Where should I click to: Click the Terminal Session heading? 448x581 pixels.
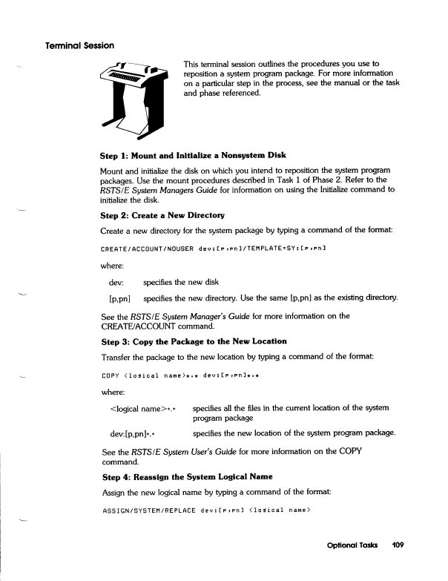click(x=79, y=45)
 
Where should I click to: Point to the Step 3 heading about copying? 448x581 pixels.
click(x=194, y=341)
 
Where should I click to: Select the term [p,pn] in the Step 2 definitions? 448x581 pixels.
click(x=120, y=299)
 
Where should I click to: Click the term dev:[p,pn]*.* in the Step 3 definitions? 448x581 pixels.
click(x=137, y=433)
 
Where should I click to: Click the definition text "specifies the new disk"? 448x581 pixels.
click(x=185, y=282)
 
